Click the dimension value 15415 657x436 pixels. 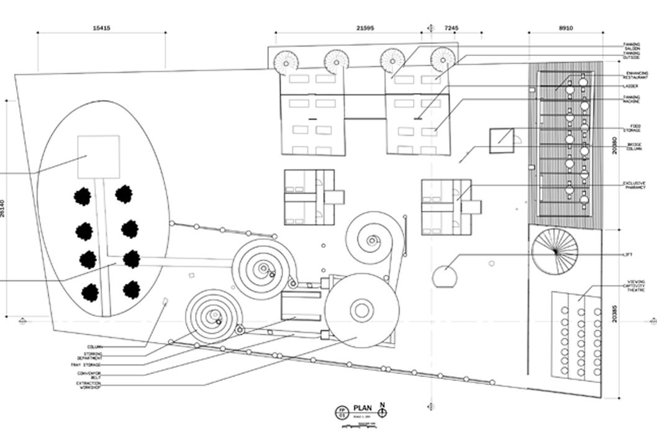click(101, 28)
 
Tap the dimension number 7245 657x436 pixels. click(451, 28)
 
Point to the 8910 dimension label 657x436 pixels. click(566, 28)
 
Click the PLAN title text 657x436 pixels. click(363, 407)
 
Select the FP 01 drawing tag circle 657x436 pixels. click(341, 412)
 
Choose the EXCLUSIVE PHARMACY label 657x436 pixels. click(633, 185)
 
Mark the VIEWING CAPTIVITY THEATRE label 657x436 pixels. click(632, 286)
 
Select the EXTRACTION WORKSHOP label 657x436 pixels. click(88, 385)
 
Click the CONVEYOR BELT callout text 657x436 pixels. click(89, 375)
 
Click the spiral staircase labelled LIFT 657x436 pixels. click(555, 251)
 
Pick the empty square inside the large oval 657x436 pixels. click(98, 157)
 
